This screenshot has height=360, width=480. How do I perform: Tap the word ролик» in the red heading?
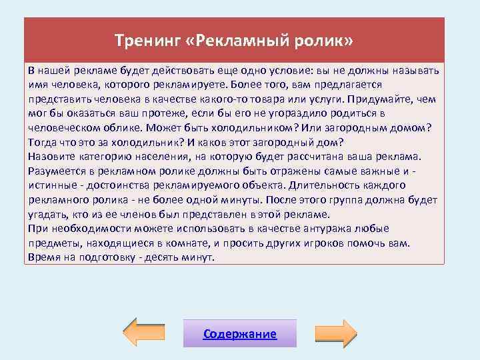[x=328, y=41]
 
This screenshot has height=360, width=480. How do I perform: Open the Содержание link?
[x=239, y=333]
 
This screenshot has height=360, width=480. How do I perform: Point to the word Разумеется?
[x=58, y=171]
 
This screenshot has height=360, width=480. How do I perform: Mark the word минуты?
[x=241, y=200]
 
